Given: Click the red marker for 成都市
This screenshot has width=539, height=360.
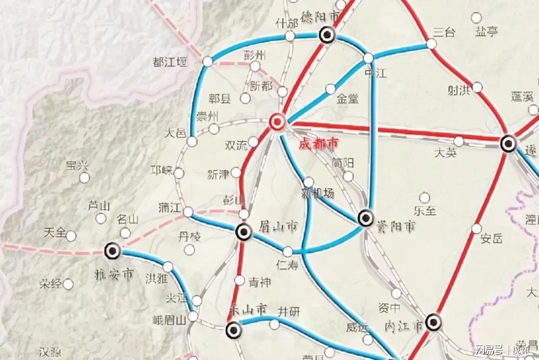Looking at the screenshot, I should pos(277,121).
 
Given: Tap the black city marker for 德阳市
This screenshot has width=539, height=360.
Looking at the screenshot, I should pos(327,34).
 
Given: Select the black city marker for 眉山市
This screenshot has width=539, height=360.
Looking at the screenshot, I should pos(244,232).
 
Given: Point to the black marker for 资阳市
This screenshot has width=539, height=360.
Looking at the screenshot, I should pos(366,218).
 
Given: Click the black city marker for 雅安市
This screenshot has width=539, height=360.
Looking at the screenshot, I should pos(113,251).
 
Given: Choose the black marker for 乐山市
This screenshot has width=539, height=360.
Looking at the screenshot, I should pos(233,330).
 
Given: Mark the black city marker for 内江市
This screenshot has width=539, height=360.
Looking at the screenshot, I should pos(433,322).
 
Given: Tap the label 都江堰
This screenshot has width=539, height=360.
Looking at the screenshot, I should pos(170,62).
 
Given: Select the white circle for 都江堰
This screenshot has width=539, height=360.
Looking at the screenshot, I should pos(208,61).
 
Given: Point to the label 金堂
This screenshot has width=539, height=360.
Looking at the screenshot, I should pos(348,98).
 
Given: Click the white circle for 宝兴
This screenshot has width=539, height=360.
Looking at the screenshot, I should pos(84,178).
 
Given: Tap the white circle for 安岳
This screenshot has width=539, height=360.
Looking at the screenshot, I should pos(477,229).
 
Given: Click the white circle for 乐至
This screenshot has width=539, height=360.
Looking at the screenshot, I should pos(425,198).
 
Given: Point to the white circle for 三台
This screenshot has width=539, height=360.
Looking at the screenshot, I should pos(432,44).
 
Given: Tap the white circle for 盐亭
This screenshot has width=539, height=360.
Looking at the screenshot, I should pos(477,18).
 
